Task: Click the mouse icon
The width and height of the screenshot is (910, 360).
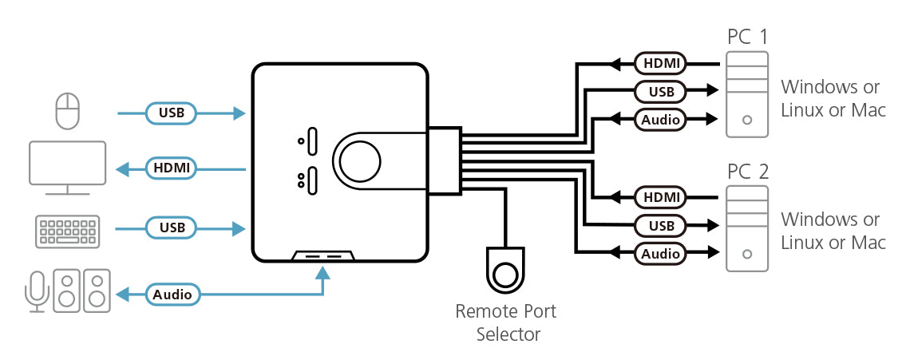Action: click(68, 110)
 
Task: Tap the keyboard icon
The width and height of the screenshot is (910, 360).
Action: click(67, 230)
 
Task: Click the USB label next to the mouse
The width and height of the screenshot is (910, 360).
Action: click(172, 113)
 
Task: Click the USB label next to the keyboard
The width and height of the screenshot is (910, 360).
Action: click(172, 228)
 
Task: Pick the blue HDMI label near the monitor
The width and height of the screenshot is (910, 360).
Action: click(172, 168)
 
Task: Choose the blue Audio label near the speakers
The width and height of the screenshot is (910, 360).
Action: click(172, 295)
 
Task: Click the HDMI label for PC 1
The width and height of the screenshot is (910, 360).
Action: click(661, 62)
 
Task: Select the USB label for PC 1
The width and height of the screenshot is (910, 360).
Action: click(661, 91)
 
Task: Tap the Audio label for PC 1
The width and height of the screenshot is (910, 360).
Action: click(661, 121)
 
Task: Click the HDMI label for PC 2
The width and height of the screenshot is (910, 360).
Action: click(661, 196)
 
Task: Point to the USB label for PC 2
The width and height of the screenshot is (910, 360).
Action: click(661, 226)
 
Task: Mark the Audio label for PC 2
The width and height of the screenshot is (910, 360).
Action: click(661, 254)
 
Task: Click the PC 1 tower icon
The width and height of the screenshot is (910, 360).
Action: click(746, 94)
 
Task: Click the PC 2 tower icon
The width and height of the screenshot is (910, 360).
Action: click(746, 228)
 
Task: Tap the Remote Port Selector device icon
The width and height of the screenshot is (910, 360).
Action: click(506, 271)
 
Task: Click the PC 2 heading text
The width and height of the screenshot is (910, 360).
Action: click(746, 172)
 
